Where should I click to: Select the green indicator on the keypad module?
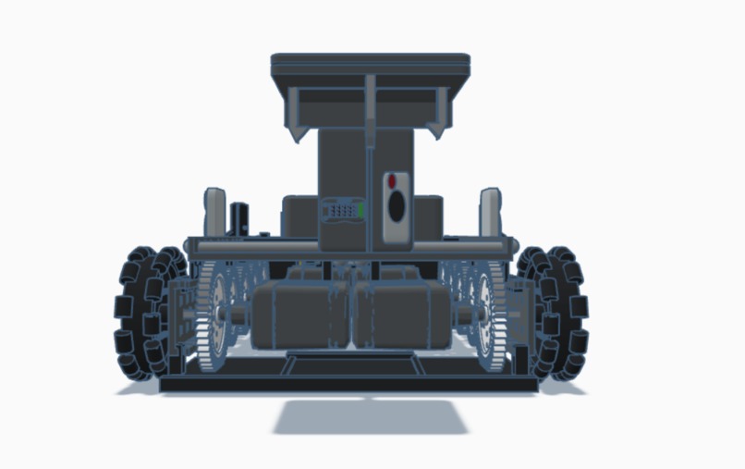click(x=361, y=211)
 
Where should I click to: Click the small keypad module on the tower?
click(x=341, y=211)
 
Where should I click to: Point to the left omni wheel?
click(x=149, y=312)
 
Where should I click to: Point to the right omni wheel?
click(x=555, y=312)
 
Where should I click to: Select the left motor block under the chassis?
click(x=301, y=315)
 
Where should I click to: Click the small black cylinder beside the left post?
click(x=239, y=218)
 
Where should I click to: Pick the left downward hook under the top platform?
click(x=299, y=115)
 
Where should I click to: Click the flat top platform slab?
click(x=370, y=65)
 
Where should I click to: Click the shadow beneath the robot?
click(x=370, y=418)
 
